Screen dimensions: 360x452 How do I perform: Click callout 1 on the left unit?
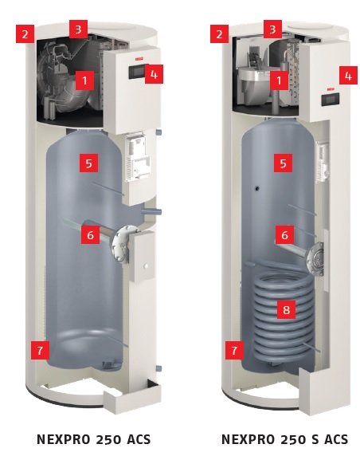(84, 81)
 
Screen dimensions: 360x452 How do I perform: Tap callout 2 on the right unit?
(219, 33)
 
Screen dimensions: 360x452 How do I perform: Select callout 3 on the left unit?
(78, 29)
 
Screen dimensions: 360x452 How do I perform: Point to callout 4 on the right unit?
(348, 76)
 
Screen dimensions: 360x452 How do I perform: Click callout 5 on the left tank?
(88, 163)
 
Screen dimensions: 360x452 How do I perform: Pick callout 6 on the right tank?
(284, 234)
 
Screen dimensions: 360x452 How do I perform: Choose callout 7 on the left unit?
(40, 350)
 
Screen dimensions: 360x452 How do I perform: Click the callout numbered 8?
(286, 309)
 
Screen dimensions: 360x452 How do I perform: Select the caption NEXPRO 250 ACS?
(94, 439)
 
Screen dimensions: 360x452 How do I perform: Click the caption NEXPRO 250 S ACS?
(284, 439)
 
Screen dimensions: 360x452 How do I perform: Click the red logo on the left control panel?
(139, 59)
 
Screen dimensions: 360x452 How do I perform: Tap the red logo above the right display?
(331, 89)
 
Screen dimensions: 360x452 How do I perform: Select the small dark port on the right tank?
(256, 188)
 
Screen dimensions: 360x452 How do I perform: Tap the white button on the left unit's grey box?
(147, 266)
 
